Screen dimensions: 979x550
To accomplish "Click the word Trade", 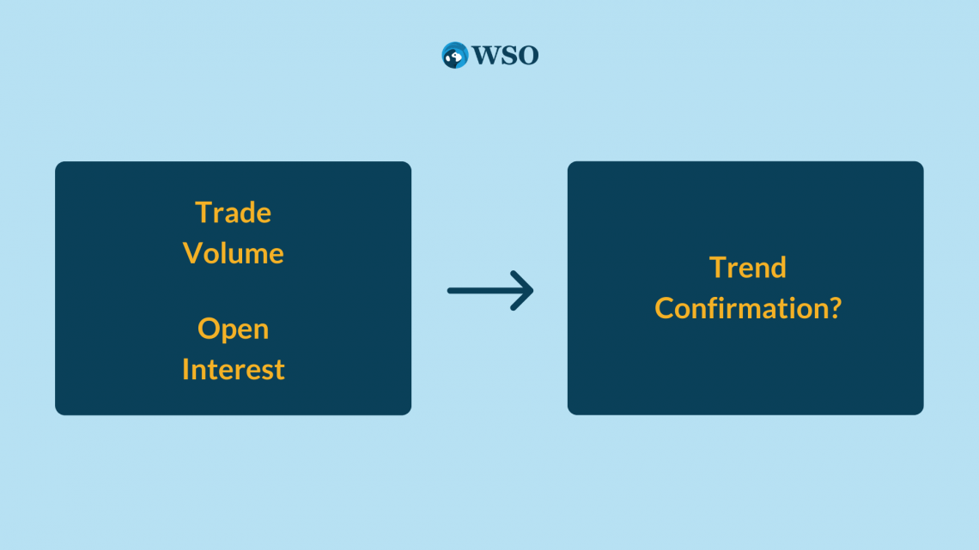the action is pos(233,213).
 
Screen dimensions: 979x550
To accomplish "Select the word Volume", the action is pos(233,253).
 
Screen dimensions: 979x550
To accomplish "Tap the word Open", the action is pos(233,329).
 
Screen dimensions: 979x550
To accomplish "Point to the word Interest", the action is pos(233,369).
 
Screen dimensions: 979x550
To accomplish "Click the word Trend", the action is pos(747,268).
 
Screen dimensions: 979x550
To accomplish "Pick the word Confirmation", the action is pos(740,308).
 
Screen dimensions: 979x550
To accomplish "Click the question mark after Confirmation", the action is pos(835,308).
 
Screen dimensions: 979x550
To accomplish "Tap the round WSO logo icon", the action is pos(454,55).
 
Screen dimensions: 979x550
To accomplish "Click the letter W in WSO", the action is pos(484,56).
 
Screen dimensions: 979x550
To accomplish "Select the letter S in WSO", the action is pos(507,56).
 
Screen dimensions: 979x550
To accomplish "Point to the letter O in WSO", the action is pos(527,56).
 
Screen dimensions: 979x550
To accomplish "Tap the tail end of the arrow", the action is pos(448,291).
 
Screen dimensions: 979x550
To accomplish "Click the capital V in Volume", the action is pos(193,253).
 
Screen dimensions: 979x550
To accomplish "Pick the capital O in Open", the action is pos(209,328).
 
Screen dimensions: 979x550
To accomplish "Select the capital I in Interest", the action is pos(185,369).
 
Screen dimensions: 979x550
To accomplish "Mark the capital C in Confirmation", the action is pos(665,308).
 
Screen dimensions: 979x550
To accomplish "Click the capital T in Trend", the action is pos(720,268).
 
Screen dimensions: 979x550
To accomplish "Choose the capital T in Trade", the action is pos(204,213).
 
